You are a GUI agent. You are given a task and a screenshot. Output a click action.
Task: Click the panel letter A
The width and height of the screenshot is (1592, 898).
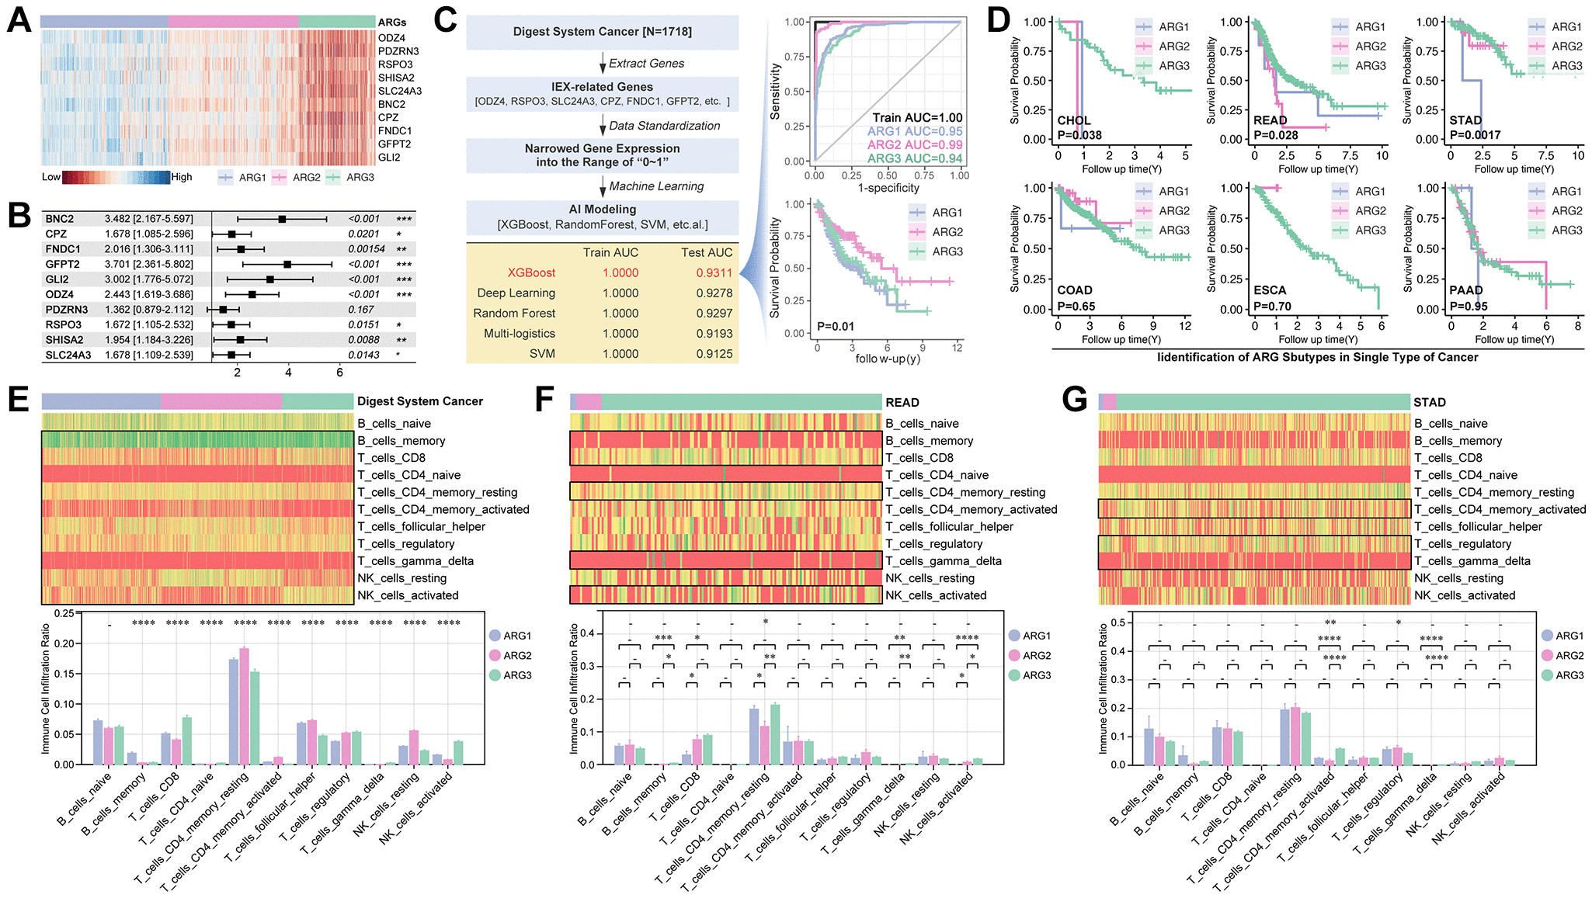point(19,20)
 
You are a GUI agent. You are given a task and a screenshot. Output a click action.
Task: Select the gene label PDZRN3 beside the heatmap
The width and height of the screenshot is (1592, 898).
point(398,51)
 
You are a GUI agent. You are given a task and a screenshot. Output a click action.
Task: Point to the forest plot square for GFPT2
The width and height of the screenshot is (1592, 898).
point(287,265)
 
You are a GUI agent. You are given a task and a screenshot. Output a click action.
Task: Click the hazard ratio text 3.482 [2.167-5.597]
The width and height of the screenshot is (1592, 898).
point(149,219)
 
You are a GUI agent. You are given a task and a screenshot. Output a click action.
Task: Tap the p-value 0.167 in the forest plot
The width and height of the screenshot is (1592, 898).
point(361,310)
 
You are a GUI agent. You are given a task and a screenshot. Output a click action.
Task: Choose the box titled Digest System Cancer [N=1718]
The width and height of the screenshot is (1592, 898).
point(602,32)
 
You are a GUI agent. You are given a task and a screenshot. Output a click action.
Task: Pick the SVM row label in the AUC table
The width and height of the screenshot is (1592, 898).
point(542,354)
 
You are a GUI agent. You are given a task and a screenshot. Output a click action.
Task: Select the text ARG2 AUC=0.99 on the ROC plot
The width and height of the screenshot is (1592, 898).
point(915,145)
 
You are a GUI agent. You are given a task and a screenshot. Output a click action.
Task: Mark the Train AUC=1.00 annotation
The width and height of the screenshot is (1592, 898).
point(917,118)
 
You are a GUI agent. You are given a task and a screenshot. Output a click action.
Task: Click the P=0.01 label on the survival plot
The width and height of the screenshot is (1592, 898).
point(836,327)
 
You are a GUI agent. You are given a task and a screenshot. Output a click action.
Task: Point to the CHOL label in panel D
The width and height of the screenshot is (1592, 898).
point(1074,121)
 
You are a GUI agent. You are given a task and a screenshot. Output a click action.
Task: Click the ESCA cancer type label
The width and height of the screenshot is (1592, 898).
point(1270,290)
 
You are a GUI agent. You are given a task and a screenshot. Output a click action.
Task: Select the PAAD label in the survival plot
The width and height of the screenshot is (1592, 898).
point(1466,290)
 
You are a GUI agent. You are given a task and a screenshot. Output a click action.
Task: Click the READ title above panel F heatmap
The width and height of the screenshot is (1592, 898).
point(902,403)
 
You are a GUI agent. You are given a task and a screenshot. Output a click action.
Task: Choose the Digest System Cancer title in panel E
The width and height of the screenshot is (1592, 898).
point(419,401)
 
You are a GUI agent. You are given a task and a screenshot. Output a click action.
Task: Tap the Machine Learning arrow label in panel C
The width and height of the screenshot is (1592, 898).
point(656,186)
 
